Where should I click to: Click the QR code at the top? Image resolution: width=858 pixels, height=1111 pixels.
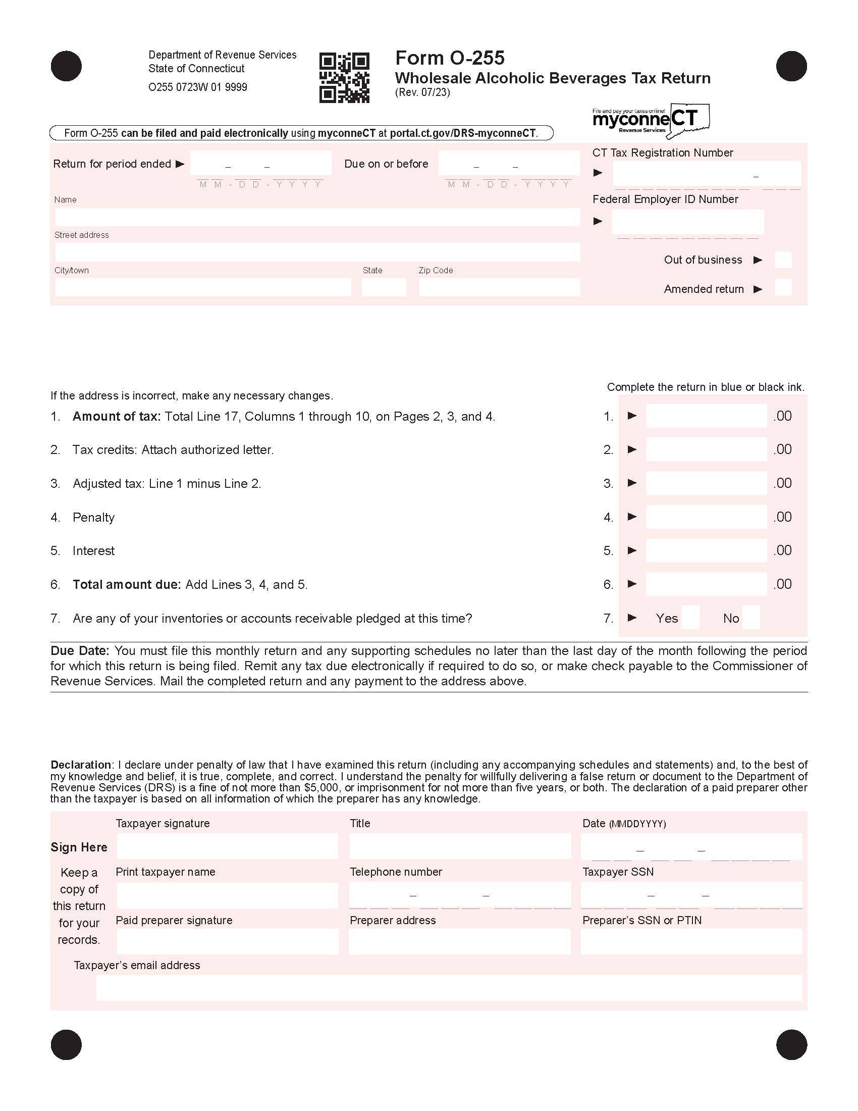pyautogui.click(x=344, y=78)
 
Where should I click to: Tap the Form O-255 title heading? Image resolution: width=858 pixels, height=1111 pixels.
pyautogui.click(x=449, y=58)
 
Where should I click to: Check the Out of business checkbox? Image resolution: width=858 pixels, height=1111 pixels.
pyautogui.click(x=783, y=260)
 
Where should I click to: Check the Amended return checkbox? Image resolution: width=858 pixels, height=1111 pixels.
pyautogui.click(x=783, y=288)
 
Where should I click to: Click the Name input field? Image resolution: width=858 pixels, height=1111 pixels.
pyautogui.click(x=317, y=217)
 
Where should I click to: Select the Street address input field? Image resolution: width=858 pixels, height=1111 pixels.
pyautogui.click(x=317, y=252)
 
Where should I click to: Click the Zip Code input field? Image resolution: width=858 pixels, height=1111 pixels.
pyautogui.click(x=499, y=287)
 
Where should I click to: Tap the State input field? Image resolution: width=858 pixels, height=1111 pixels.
pyautogui.click(x=384, y=287)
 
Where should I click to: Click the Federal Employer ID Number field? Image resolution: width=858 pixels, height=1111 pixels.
pyautogui.click(x=687, y=222)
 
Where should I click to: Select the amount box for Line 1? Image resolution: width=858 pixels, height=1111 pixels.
pyautogui.click(x=706, y=416)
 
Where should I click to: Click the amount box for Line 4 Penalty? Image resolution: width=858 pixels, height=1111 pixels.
pyautogui.click(x=706, y=517)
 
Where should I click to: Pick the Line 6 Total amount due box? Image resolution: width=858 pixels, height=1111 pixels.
pyautogui.click(x=706, y=584)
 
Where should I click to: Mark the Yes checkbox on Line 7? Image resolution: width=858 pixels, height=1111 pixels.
pyautogui.click(x=690, y=618)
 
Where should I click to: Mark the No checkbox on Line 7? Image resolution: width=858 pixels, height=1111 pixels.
pyautogui.click(x=751, y=618)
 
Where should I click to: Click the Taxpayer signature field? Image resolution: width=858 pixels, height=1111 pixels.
pyautogui.click(x=227, y=846)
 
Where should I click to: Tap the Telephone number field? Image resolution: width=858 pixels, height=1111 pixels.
pyautogui.click(x=459, y=895)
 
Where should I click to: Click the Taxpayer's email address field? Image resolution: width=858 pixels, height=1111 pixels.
pyautogui.click(x=449, y=987)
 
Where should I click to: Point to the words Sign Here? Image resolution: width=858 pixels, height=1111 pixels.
pyautogui.click(x=79, y=847)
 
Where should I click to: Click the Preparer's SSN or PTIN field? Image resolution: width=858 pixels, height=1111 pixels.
pyautogui.click(x=691, y=941)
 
